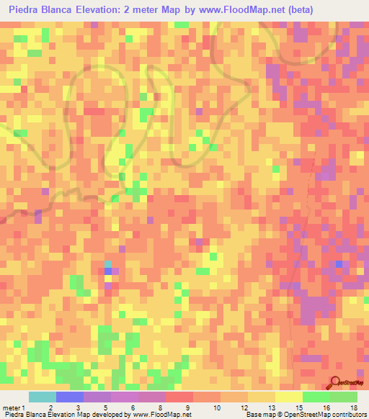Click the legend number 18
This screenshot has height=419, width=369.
tap(354, 408)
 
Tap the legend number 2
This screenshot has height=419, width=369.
tap(50, 408)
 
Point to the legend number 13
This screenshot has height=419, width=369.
tap(272, 408)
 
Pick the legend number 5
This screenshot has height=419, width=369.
tap(106, 408)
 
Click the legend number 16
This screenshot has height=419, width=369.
tap(326, 408)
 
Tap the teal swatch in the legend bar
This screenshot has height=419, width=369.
tap(43, 397)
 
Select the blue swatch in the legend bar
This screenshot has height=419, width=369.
tap(70, 397)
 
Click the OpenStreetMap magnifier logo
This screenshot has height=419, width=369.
tap(335, 383)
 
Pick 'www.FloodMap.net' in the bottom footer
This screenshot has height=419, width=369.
tap(164, 415)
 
